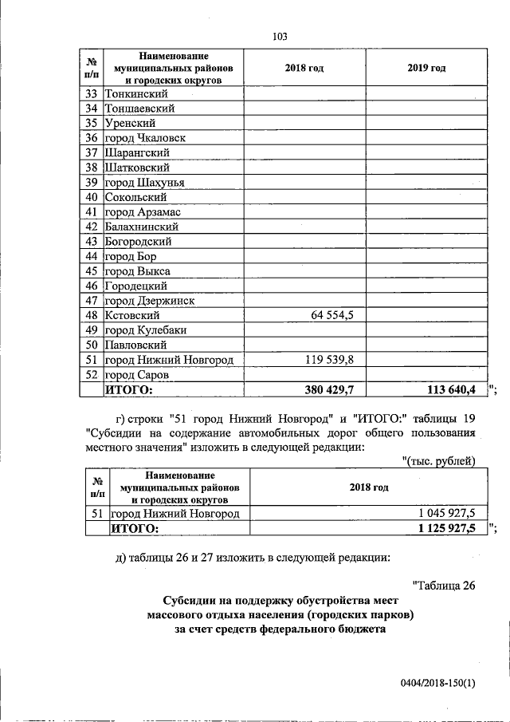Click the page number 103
click(x=279, y=36)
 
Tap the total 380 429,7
click(x=329, y=390)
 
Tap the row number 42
click(x=92, y=227)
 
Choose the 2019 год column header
click(x=426, y=68)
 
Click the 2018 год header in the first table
click(x=304, y=68)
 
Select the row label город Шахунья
click(x=145, y=183)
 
